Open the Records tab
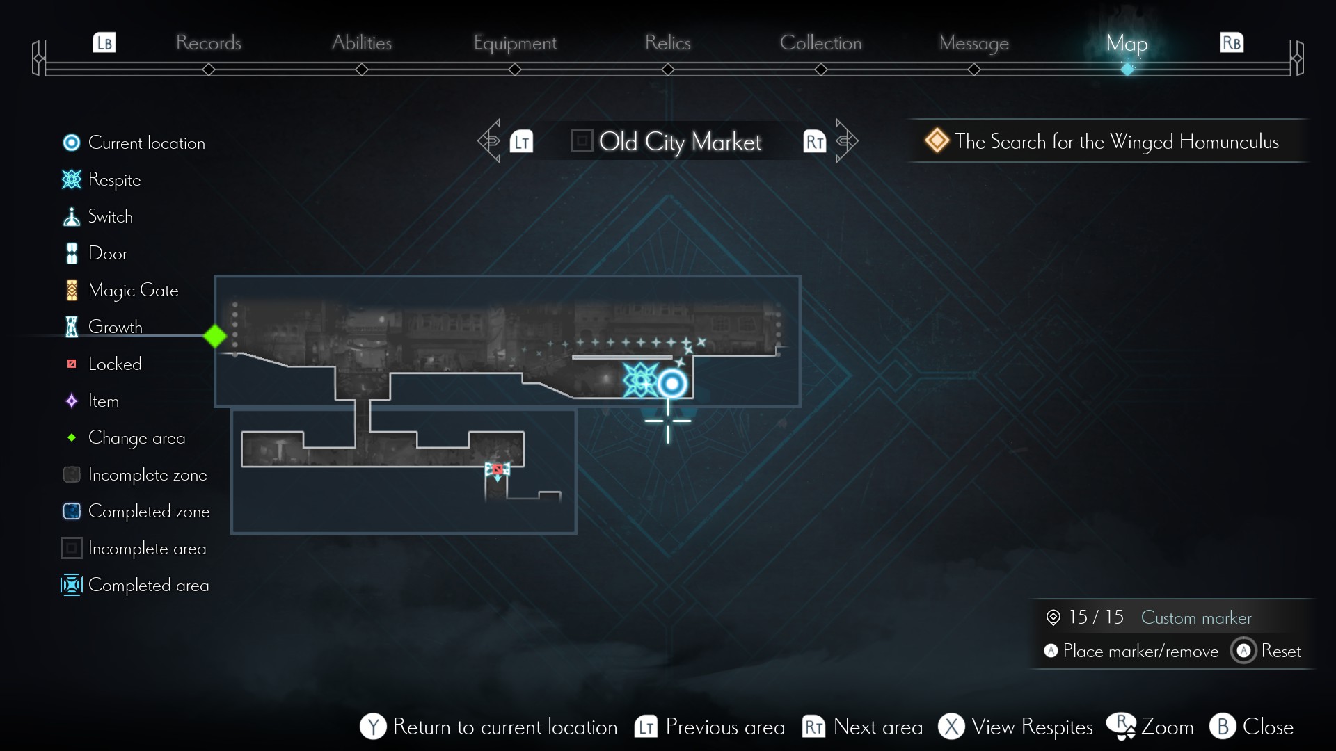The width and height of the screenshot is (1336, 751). (208, 42)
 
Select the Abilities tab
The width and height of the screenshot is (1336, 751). (362, 42)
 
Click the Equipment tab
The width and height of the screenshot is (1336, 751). (515, 43)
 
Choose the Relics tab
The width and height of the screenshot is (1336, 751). (667, 42)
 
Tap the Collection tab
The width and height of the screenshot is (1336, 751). (820, 42)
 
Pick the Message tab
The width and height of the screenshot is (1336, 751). (973, 43)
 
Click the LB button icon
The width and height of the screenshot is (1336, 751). (104, 42)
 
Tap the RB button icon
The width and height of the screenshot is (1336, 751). (1232, 42)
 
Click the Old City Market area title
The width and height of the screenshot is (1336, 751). (679, 142)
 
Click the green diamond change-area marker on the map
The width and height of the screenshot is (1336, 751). (215, 336)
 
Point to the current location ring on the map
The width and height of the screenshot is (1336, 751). (672, 383)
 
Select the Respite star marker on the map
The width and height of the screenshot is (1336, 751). (639, 380)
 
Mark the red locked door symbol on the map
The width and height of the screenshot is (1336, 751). (498, 470)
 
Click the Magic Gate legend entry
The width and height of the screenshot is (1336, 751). (133, 290)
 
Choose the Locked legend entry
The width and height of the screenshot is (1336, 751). (114, 364)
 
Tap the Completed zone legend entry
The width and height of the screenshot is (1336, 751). (148, 512)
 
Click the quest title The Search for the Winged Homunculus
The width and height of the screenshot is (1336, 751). (1116, 142)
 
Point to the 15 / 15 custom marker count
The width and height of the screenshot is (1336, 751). (1096, 617)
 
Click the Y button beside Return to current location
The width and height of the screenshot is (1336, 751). (373, 727)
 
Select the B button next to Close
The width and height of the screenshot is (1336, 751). (1223, 727)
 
